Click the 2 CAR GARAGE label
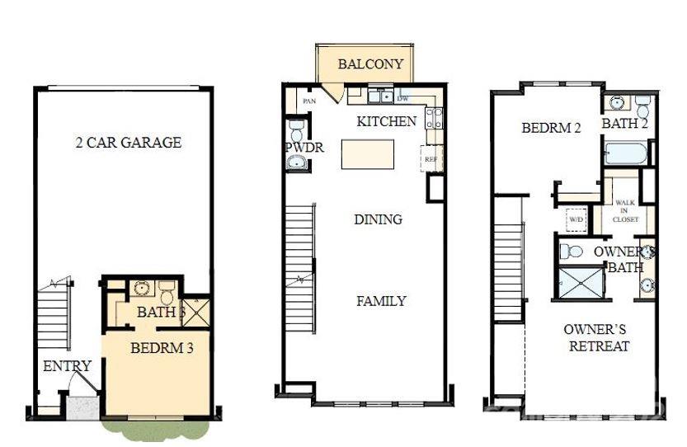click(128, 143)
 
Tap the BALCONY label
click(370, 64)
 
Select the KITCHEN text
click(386, 121)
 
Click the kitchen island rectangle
click(367, 154)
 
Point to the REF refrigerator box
click(431, 158)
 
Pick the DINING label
click(378, 219)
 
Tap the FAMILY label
click(381, 301)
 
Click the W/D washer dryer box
click(576, 220)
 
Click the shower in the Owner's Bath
click(581, 280)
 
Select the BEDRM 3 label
click(162, 348)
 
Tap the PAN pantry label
click(309, 101)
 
